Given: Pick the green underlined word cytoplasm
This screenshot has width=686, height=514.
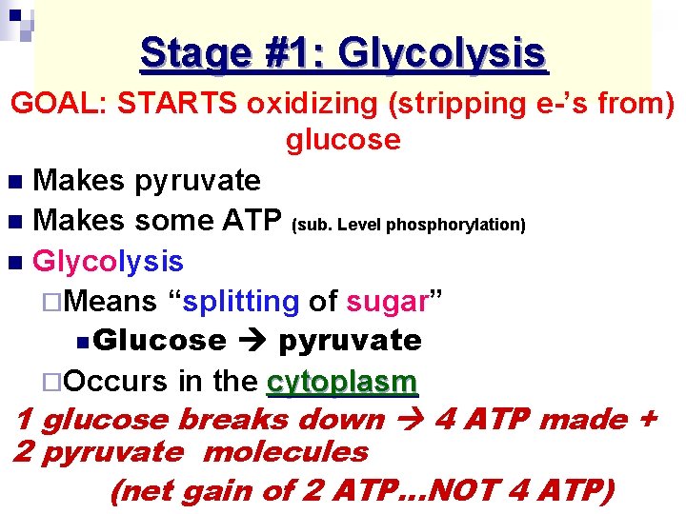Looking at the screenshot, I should pyautogui.click(x=342, y=382).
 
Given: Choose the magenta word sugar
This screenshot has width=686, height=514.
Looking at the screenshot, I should pyautogui.click(x=386, y=302).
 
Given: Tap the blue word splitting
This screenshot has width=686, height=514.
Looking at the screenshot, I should pyautogui.click(x=240, y=302).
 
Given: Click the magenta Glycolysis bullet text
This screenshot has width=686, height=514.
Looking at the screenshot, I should pyautogui.click(x=108, y=261).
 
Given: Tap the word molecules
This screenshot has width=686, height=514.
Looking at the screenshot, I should pyautogui.click(x=286, y=452).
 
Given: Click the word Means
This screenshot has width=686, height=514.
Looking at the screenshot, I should pyautogui.click(x=113, y=302).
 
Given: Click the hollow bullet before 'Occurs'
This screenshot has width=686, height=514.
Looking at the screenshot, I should pyautogui.click(x=60, y=383).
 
